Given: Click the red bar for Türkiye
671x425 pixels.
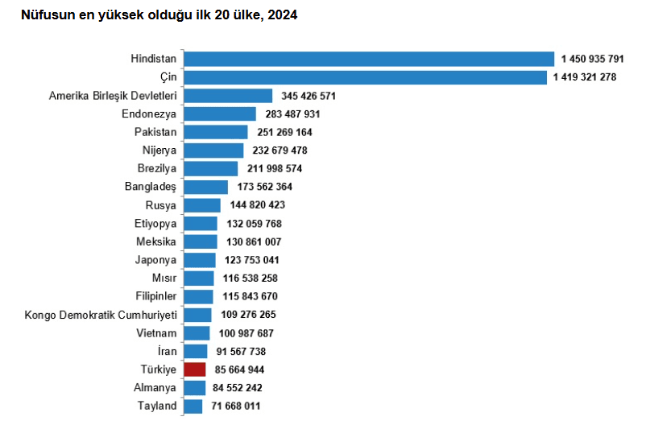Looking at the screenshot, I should [194, 369].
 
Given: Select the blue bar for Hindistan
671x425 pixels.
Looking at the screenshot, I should [369, 59].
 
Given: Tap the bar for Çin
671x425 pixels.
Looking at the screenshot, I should [365, 77].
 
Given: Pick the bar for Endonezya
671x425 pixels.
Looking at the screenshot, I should [220, 113].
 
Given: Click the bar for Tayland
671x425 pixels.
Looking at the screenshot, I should [193, 406].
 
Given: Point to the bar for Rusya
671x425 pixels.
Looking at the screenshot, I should [202, 205].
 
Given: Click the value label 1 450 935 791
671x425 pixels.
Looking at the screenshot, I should [593, 59].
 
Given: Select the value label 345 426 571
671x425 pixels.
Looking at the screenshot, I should [309, 96].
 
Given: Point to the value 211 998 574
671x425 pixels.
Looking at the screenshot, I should [275, 168].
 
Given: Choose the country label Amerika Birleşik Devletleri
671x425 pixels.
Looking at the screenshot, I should [113, 96].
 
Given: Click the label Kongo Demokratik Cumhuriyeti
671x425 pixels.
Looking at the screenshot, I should [101, 315].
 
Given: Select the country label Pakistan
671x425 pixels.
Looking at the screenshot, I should [155, 132].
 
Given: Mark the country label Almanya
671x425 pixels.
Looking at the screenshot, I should [155, 388].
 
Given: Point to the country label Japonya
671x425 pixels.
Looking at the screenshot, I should [156, 260].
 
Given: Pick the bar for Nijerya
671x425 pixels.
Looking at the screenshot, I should [213, 151].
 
